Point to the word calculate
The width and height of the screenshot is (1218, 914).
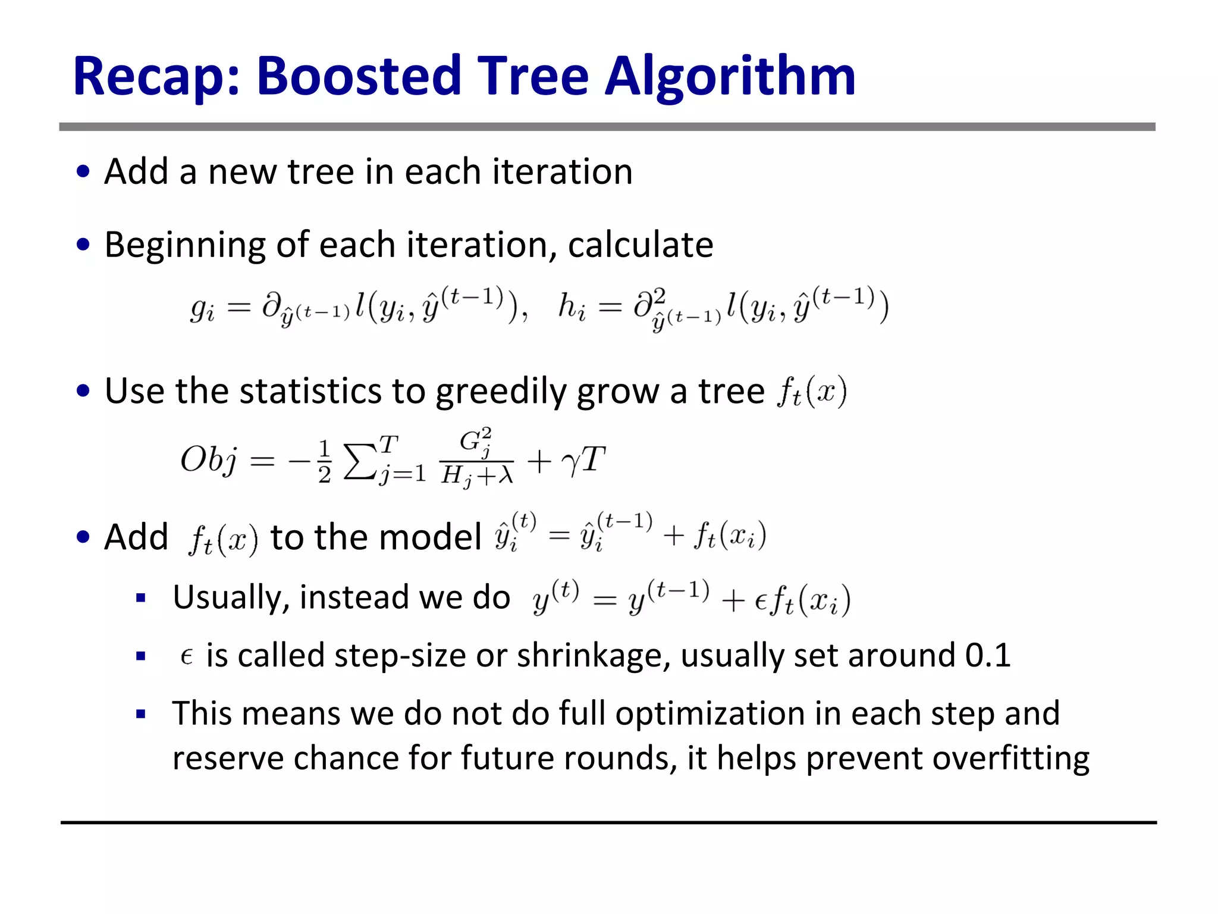(641, 245)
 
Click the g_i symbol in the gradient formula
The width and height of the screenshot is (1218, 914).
(202, 309)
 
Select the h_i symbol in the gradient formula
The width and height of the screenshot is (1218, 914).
(571, 308)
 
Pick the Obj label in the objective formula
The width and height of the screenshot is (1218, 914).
(208, 460)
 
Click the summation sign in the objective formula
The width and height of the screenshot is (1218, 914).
(359, 461)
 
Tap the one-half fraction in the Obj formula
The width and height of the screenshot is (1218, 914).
(324, 461)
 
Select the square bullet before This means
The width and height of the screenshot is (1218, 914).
(141, 714)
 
